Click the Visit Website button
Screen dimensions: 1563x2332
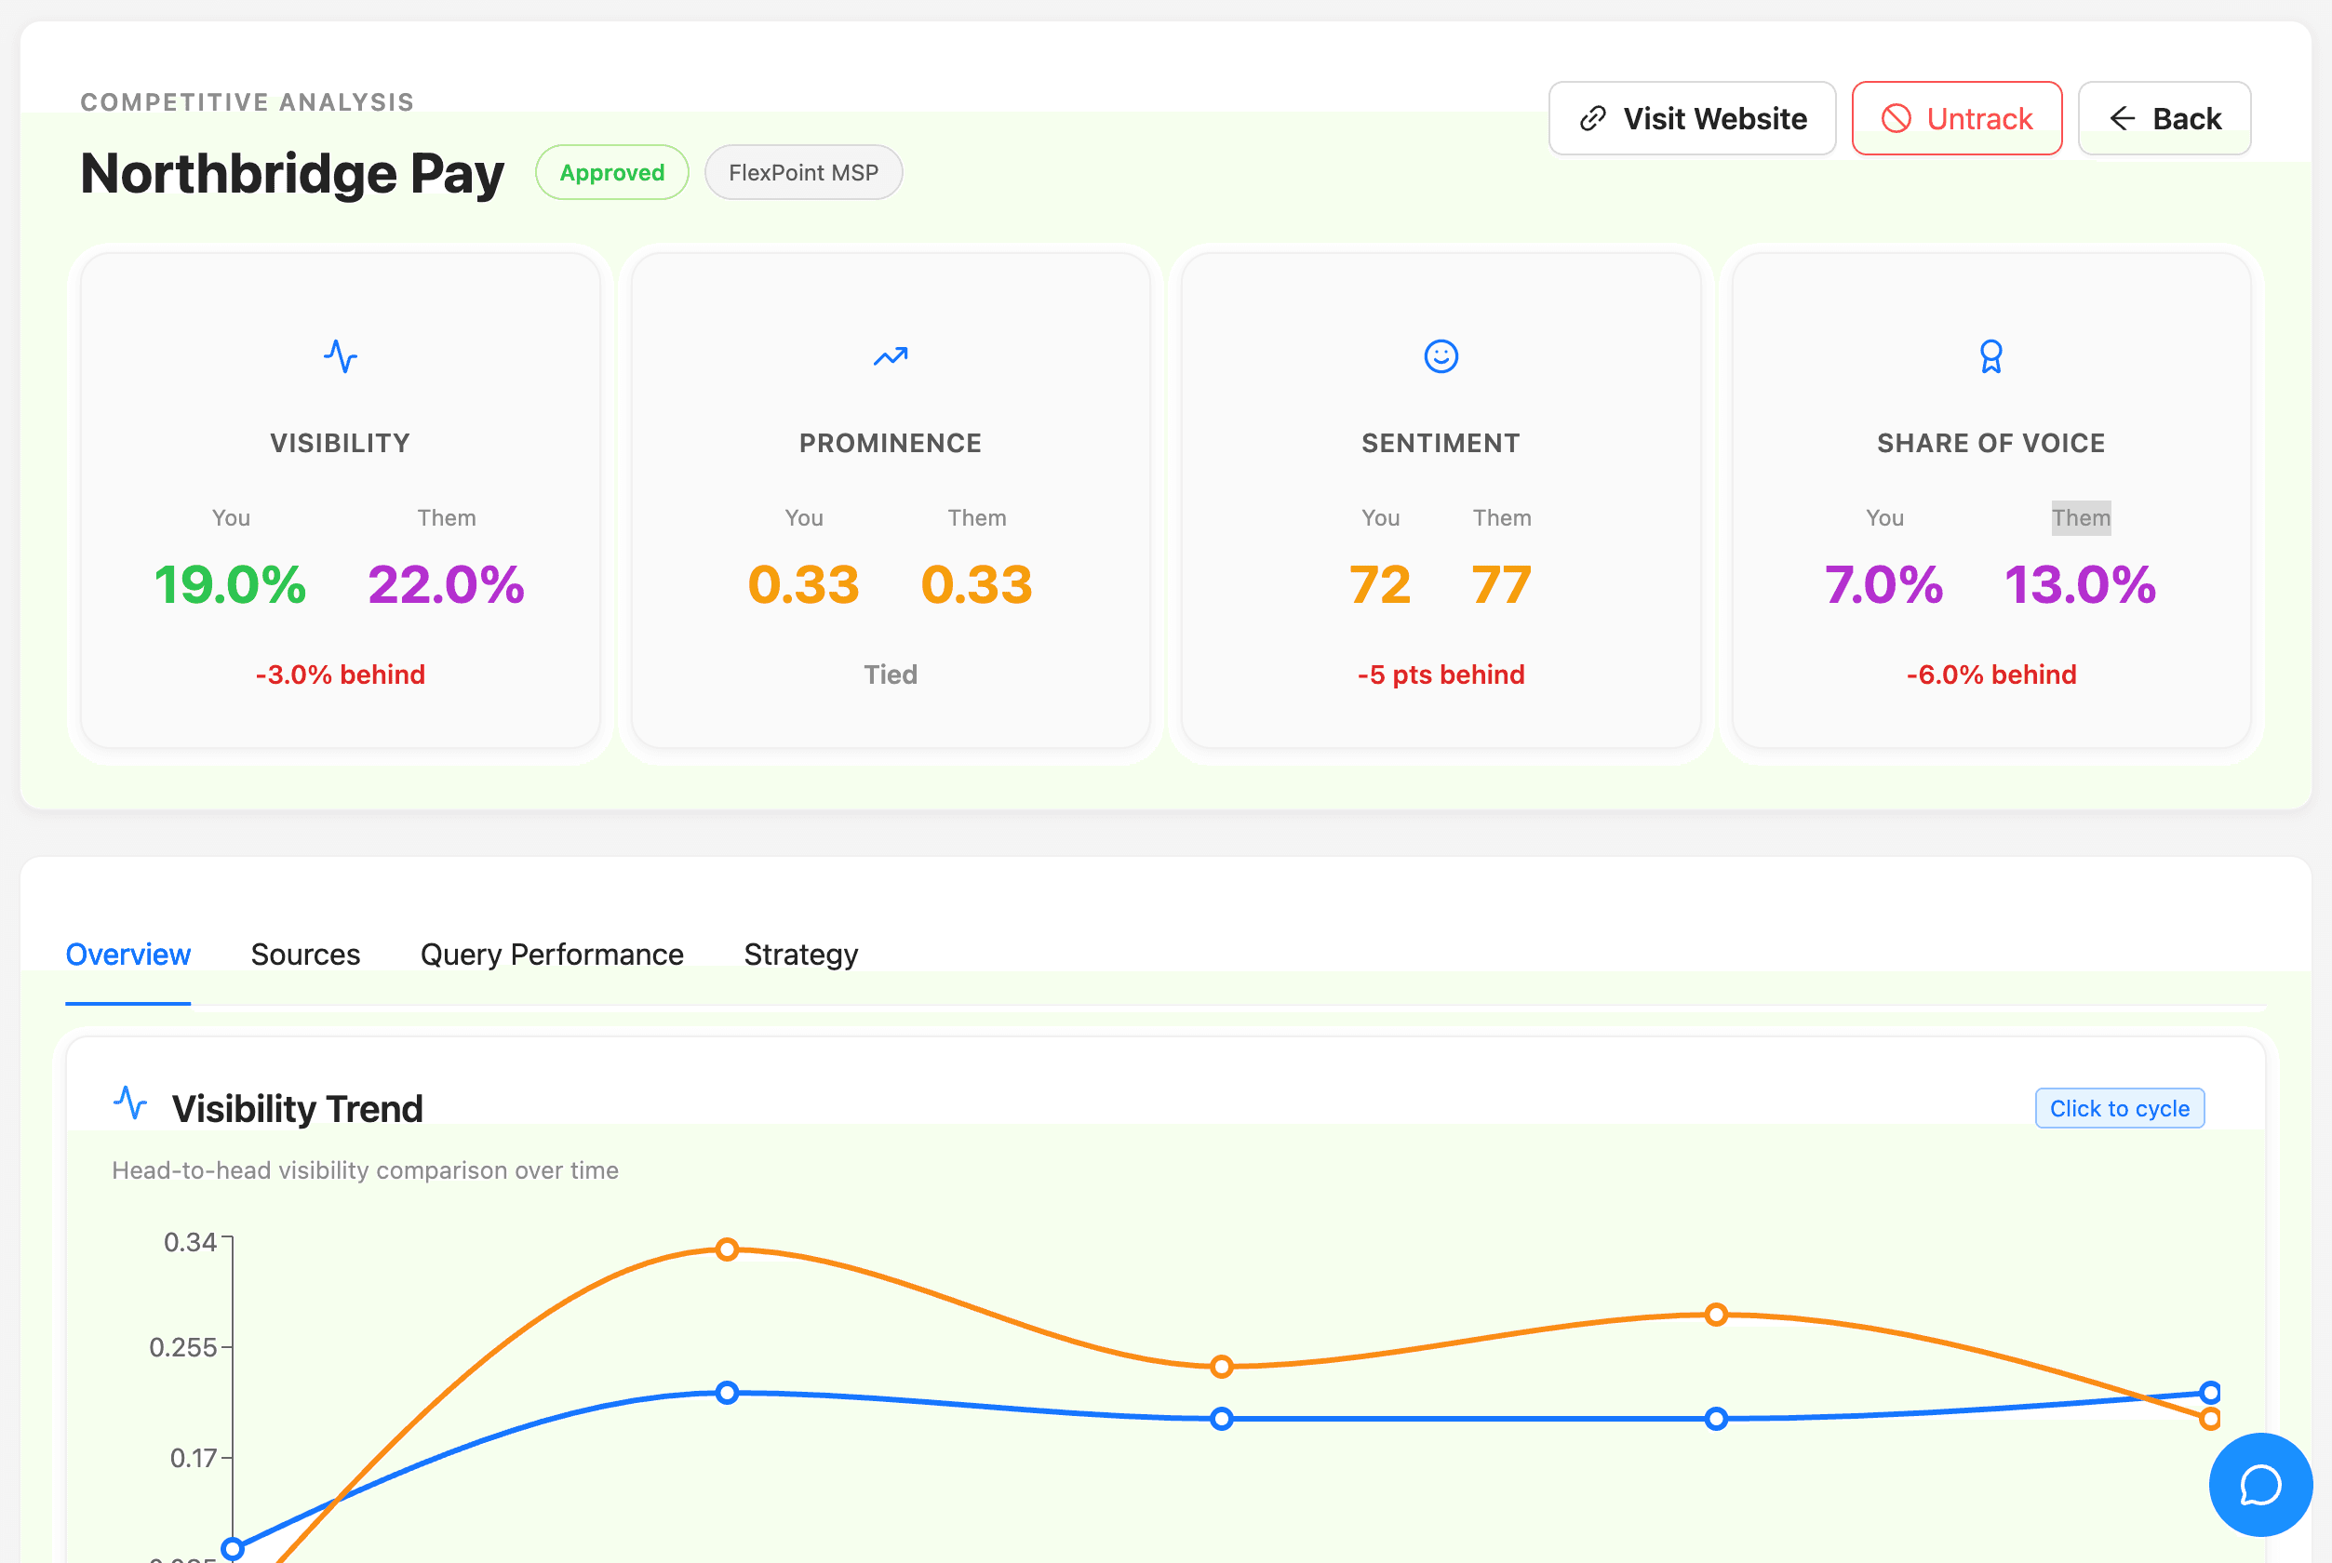[x=1691, y=119]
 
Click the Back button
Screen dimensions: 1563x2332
[x=2164, y=119]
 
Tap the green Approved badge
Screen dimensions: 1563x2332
[x=611, y=172]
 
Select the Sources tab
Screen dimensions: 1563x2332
[x=305, y=954]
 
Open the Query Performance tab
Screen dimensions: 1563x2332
[x=551, y=954]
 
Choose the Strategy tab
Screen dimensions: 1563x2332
[x=799, y=954]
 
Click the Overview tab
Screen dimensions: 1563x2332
[x=127, y=954]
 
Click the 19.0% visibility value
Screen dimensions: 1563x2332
[x=229, y=584]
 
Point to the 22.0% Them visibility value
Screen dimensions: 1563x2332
[x=446, y=584]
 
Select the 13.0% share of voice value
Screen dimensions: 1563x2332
[x=2080, y=584]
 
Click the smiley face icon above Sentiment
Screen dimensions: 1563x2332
[x=1441, y=355]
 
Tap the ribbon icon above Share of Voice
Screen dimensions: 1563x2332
[x=1991, y=355]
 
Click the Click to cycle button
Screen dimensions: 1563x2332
[x=2119, y=1108]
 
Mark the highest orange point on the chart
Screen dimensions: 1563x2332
[x=727, y=1249]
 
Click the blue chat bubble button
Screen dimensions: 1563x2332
[x=2259, y=1484]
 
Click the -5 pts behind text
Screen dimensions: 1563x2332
[x=1441, y=675]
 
